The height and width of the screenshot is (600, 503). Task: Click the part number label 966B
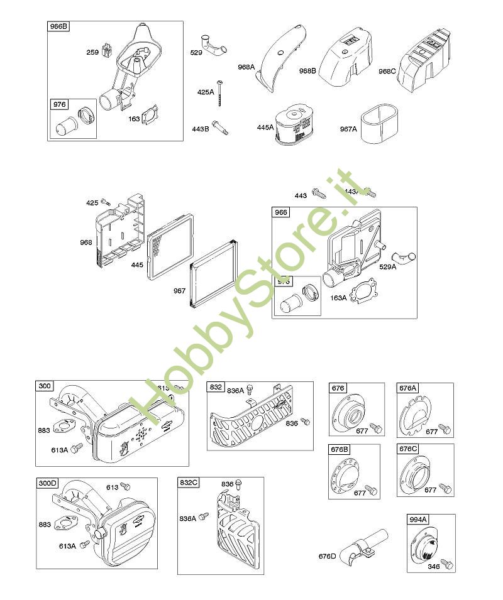[58, 28]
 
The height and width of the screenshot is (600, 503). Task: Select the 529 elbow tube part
[213, 46]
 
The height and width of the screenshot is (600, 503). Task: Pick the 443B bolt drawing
[219, 127]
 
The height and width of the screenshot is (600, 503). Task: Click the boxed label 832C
[189, 483]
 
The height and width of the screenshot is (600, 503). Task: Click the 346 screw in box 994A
[447, 563]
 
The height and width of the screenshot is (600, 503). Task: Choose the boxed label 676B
[340, 450]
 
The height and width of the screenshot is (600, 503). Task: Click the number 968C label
[387, 72]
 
